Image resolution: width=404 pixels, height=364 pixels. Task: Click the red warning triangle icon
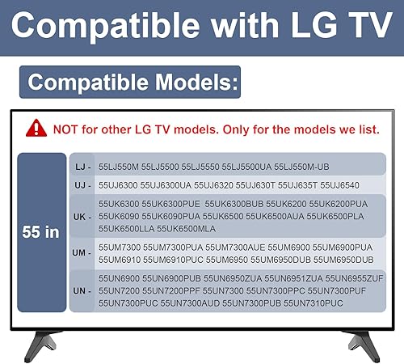[x=36, y=128]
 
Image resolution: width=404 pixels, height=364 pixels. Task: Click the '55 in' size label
[x=41, y=232]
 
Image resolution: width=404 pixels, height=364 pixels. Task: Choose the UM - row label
[x=82, y=254]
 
